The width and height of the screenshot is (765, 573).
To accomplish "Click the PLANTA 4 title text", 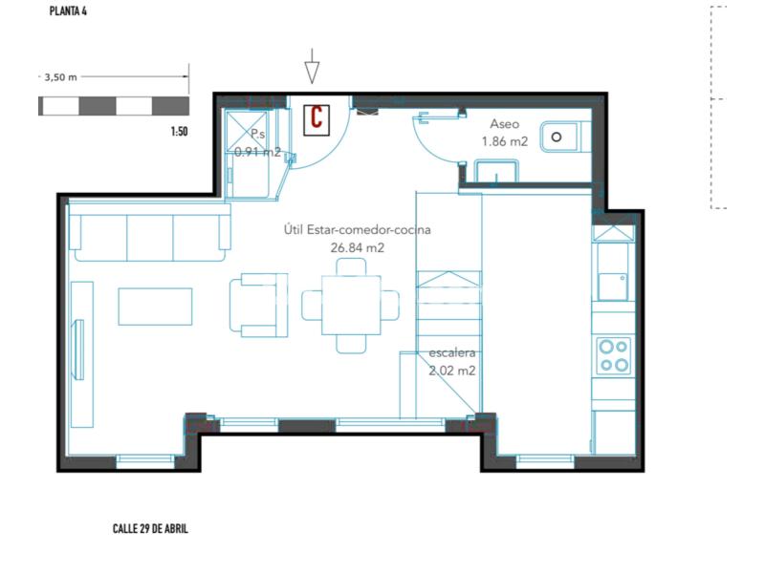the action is [x=68, y=11].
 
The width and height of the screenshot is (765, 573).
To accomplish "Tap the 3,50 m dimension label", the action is [x=61, y=77].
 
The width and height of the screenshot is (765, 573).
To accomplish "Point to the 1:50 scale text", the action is [x=179, y=132].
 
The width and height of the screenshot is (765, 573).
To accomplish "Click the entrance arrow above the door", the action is [x=313, y=66].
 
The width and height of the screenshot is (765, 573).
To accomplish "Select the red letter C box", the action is [x=317, y=120].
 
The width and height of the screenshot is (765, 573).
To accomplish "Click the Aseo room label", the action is [x=505, y=124].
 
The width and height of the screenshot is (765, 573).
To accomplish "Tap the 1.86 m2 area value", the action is [x=505, y=141].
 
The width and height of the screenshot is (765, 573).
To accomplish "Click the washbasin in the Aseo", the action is [x=495, y=172].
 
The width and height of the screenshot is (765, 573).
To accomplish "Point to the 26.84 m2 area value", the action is [x=357, y=248].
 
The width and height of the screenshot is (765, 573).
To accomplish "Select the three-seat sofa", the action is [x=150, y=232].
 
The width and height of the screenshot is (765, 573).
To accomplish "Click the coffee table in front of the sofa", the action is [x=155, y=307].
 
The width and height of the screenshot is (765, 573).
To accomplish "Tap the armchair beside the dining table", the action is [x=258, y=305].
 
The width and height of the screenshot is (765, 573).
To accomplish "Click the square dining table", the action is [x=351, y=306].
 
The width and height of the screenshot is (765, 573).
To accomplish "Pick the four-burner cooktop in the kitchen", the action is [x=614, y=355].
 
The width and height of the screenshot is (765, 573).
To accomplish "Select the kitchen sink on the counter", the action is [x=613, y=286].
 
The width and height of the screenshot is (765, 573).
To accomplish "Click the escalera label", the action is [x=451, y=352].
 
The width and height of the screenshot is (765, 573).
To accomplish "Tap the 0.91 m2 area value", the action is [x=257, y=152].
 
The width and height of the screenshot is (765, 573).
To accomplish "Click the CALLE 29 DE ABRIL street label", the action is [x=150, y=529].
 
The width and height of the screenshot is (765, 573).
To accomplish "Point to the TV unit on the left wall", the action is [x=81, y=354].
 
